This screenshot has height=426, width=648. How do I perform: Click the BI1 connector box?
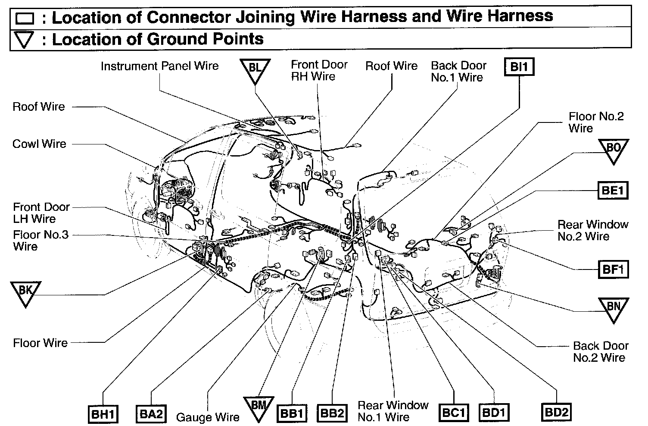(x=519, y=67)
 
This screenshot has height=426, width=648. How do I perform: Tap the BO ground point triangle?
(x=613, y=150)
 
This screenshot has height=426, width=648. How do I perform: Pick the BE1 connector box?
(x=612, y=191)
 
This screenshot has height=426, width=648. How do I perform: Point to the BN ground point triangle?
(x=613, y=307)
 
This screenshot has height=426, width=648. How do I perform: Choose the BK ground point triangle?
(x=26, y=291)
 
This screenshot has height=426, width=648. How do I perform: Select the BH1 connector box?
(x=103, y=414)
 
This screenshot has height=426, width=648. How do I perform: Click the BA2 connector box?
(x=150, y=414)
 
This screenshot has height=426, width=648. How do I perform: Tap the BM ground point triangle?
(x=259, y=407)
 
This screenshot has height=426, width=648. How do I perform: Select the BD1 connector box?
(x=494, y=413)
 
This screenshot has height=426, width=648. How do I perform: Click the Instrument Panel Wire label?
(x=159, y=66)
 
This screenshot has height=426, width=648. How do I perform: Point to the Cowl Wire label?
(x=39, y=144)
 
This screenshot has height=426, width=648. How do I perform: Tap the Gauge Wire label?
(x=208, y=417)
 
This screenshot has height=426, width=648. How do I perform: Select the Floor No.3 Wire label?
(x=41, y=241)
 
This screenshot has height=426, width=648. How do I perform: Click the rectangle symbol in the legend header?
(x=25, y=18)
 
